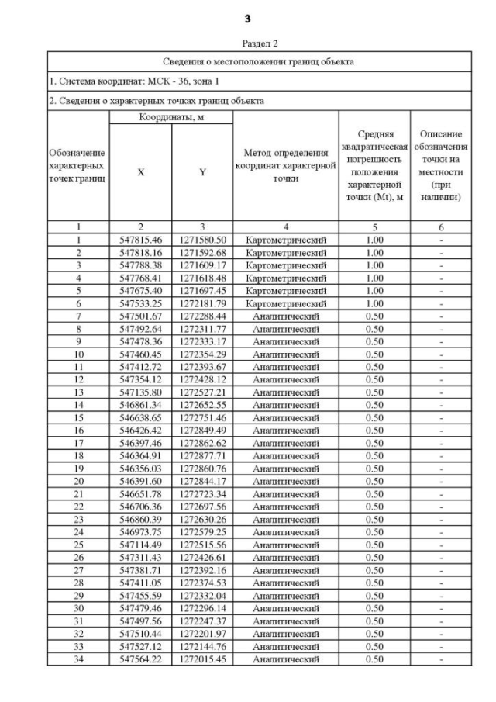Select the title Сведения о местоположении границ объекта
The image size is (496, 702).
tap(259, 61)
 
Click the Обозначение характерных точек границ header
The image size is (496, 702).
tap(77, 166)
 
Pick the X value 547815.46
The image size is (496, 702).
tap(140, 240)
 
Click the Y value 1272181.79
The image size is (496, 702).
tap(202, 303)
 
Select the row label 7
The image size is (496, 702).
tap(78, 316)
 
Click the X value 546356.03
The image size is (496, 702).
tap(140, 469)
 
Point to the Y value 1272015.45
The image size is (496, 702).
tap(202, 659)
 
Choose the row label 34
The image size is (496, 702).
tap(78, 659)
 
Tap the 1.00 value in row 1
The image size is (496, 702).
tap(374, 240)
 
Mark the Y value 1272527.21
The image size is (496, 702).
tap(202, 392)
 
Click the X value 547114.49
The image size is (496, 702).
tap(140, 545)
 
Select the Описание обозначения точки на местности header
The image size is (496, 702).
tap(441, 166)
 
